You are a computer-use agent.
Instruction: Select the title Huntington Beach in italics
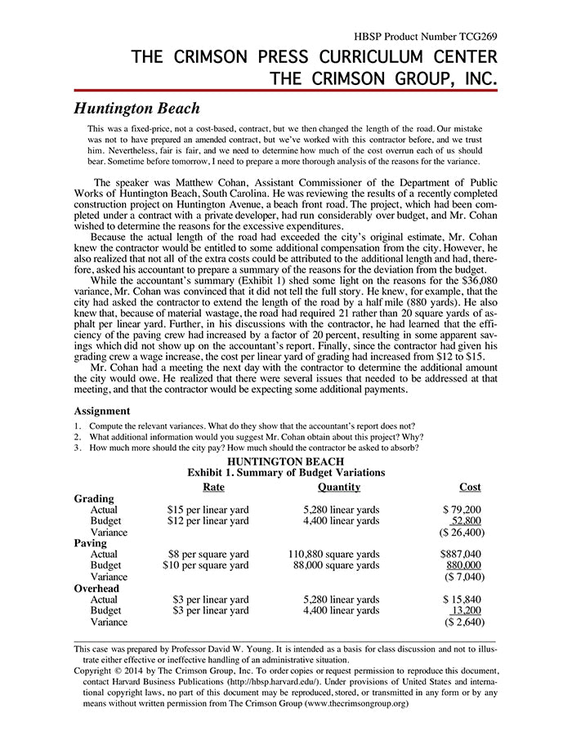point(136,108)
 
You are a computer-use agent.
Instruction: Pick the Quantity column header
point(339,487)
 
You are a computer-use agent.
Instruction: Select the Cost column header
point(470,487)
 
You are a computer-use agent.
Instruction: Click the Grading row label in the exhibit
point(94,498)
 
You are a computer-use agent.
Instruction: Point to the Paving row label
point(91,543)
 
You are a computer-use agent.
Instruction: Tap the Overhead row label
point(96,588)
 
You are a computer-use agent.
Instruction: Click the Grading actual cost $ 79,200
point(462,510)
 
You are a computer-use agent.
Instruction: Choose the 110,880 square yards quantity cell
point(333,554)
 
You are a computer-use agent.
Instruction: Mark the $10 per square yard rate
point(206,565)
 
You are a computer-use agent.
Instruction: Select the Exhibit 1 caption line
point(286,472)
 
